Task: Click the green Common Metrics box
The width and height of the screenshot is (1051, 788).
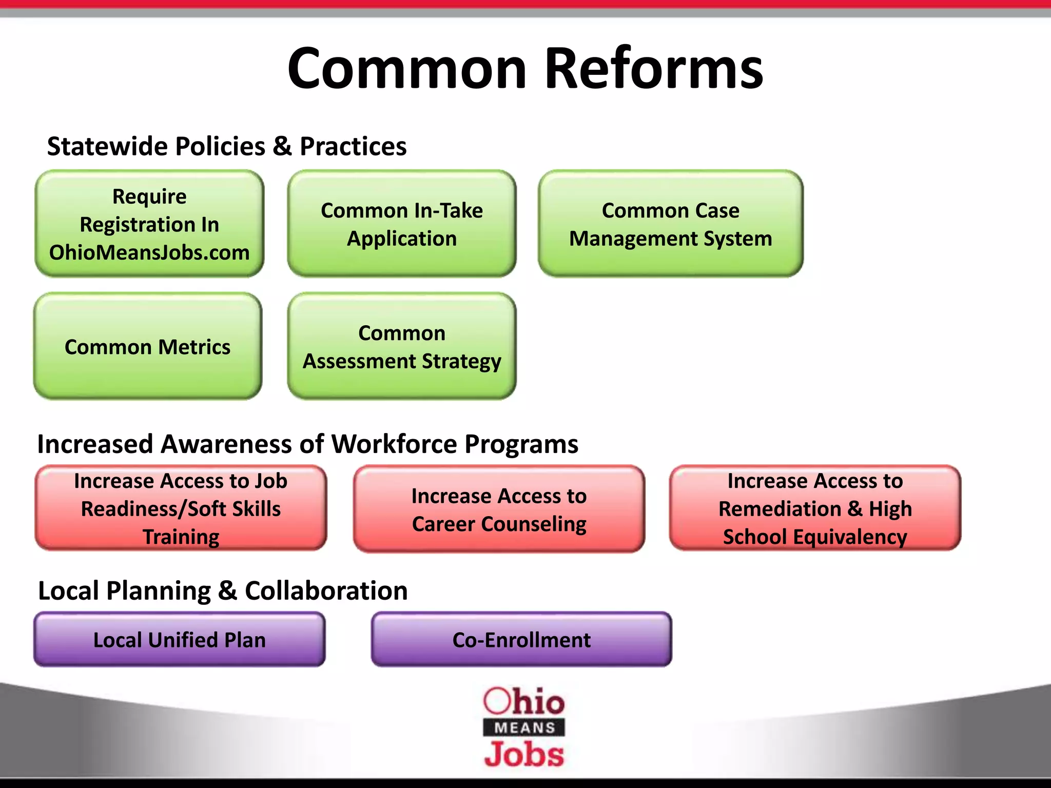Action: [x=148, y=347]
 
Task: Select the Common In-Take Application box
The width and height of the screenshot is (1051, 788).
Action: [x=402, y=224]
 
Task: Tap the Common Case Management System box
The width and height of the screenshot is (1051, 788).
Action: [x=670, y=224]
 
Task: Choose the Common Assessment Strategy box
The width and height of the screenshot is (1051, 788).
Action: [x=402, y=347]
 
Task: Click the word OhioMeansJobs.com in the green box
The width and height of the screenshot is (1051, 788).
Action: [x=149, y=252]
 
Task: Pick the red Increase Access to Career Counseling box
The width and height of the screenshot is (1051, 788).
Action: [x=499, y=509]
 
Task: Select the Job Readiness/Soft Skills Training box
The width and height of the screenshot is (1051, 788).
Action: [x=181, y=508]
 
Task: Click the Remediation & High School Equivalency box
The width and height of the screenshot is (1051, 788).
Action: [x=815, y=508]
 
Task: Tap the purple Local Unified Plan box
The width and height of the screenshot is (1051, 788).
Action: [x=180, y=640]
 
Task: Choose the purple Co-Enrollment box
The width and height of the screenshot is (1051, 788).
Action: [x=521, y=640]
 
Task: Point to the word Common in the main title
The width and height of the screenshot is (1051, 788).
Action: [x=407, y=68]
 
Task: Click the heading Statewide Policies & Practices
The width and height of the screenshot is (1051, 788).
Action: [x=227, y=146]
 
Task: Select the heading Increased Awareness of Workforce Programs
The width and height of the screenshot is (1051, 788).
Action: [x=307, y=444]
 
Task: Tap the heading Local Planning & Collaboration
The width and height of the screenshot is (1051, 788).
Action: [x=223, y=590]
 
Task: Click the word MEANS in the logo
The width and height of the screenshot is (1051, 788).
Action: [x=524, y=727]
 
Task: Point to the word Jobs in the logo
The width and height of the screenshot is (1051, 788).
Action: [x=524, y=755]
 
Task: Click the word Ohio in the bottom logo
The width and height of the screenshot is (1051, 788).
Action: [x=524, y=701]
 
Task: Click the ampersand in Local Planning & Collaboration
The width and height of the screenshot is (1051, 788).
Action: [x=227, y=591]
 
